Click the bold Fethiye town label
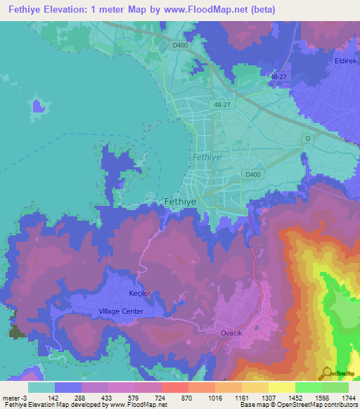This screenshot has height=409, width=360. coord(179,201)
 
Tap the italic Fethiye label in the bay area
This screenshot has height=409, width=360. coord(207,157)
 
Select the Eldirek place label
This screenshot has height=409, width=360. coord(346,61)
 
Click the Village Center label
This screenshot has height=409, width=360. coord(121,311)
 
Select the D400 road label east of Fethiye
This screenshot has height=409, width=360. coord(252,174)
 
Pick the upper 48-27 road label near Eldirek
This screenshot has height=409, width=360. coord(278,76)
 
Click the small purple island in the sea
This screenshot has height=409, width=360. coord(38,106)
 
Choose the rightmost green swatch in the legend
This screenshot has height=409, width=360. coord(335,387)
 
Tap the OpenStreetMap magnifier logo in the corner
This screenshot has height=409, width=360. coord(326,373)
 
